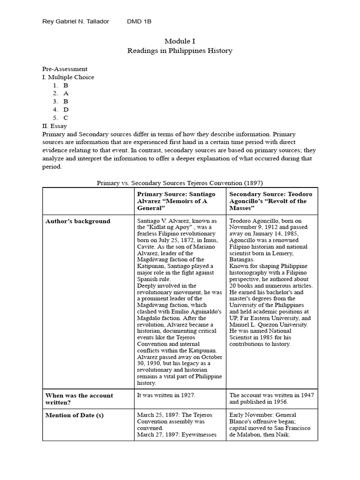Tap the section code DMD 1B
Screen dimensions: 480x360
[x=139, y=22]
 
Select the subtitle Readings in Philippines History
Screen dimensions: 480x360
[x=180, y=51]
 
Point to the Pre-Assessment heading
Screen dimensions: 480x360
[x=65, y=69]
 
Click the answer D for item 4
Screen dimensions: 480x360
[x=66, y=109]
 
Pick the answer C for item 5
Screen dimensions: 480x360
[x=66, y=118]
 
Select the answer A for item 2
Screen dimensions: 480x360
[x=66, y=93]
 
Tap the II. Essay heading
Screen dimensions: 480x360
[x=54, y=126]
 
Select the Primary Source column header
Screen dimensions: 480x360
[x=176, y=201]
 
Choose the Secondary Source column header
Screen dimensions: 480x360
[x=271, y=201]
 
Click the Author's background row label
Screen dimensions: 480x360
[x=78, y=221]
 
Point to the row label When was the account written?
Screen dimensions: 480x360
[x=79, y=398]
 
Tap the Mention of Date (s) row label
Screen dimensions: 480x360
[x=74, y=415]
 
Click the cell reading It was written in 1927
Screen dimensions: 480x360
[x=166, y=395]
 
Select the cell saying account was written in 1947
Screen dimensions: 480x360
[x=271, y=398]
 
